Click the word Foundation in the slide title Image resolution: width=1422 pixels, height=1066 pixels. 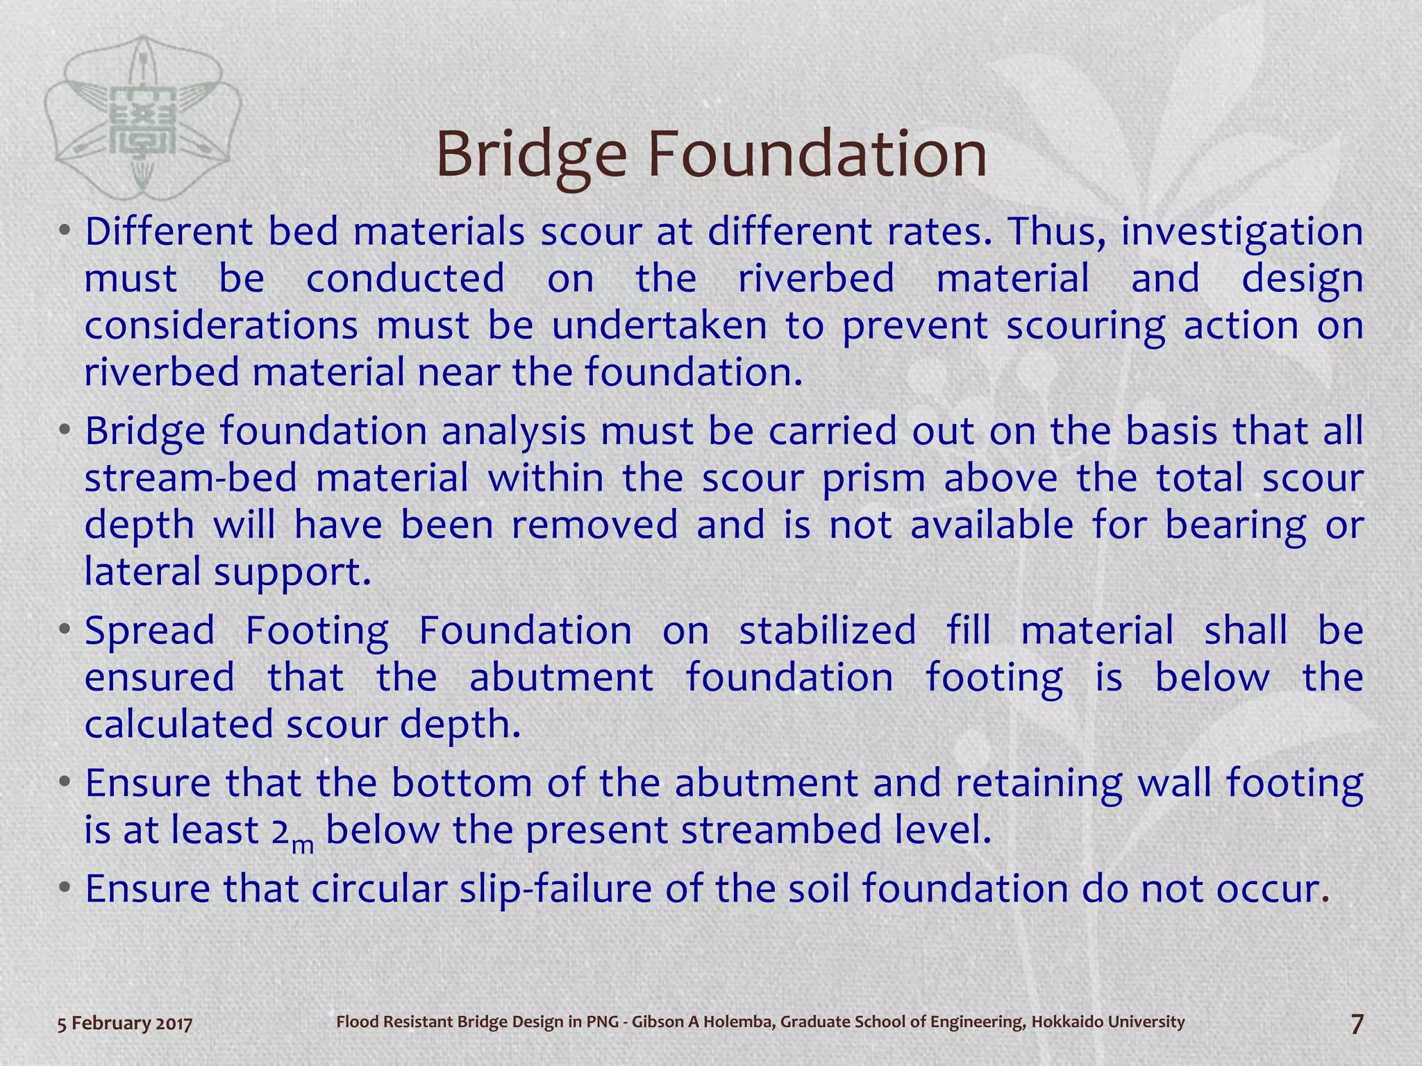(817, 154)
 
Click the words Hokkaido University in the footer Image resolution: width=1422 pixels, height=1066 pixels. (1107, 1022)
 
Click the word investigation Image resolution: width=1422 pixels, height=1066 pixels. (1242, 233)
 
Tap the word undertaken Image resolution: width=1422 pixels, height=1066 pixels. (659, 325)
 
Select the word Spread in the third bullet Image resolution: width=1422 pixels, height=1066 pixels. (150, 632)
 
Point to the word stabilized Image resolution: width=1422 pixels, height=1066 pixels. (827, 631)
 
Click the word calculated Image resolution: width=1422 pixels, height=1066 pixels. (179, 725)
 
